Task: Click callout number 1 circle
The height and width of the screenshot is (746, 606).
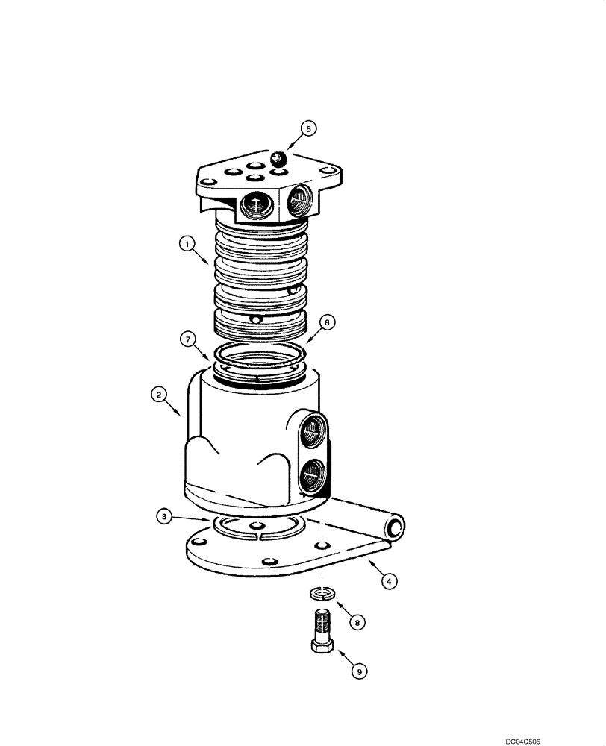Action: click(x=187, y=242)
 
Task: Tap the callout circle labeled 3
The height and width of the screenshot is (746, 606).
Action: click(x=163, y=515)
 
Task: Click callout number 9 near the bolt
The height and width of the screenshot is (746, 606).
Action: click(x=359, y=672)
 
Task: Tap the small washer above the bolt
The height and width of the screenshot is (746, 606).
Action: click(x=321, y=594)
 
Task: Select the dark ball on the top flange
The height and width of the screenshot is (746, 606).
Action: click(x=278, y=158)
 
